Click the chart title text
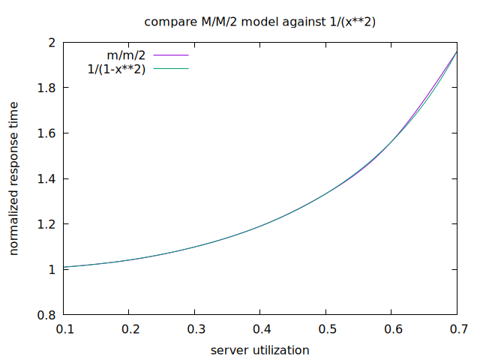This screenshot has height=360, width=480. [x=260, y=22]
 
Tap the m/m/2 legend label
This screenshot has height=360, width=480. [x=127, y=55]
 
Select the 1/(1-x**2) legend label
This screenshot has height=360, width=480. [x=116, y=69]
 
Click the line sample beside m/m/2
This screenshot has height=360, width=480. [x=169, y=55]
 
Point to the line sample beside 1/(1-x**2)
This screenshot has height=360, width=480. [x=169, y=69]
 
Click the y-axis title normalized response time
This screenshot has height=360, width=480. [x=14, y=178]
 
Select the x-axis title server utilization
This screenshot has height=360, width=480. [x=260, y=349]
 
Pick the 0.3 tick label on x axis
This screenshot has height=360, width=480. [x=195, y=329]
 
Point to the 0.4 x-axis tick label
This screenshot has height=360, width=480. [x=260, y=329]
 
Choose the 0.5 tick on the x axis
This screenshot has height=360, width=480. [x=326, y=329]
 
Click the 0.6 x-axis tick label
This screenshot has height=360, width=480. [x=391, y=329]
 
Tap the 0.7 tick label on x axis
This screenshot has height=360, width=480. [x=457, y=329]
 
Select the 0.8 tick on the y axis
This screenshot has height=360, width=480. [x=46, y=315]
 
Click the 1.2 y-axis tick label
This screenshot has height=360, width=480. [x=46, y=224]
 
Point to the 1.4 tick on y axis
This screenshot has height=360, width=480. [x=46, y=178]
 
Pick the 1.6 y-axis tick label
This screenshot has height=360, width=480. [x=46, y=133]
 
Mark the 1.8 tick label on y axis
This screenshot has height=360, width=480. [x=46, y=88]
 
